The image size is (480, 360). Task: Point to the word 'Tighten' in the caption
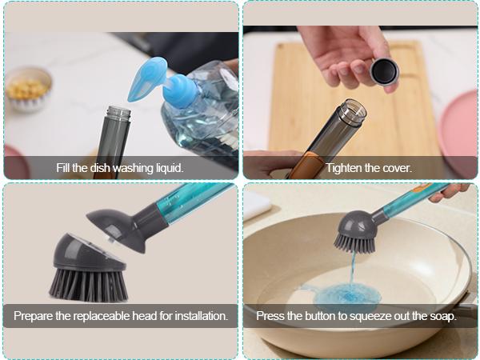(345, 168)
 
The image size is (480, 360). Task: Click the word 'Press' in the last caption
(270, 316)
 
